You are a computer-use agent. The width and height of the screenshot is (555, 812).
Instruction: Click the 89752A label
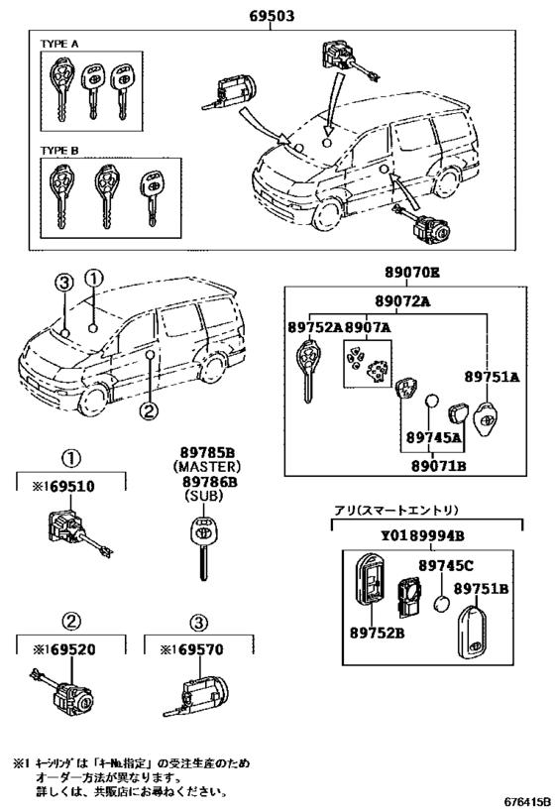pyautogui.click(x=314, y=328)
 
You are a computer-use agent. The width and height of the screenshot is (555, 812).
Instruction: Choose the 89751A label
pyautogui.click(x=493, y=377)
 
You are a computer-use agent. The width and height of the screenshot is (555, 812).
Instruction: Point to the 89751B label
pyautogui.click(x=482, y=588)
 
